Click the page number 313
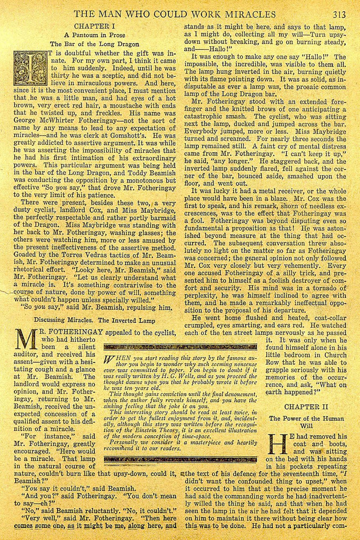point(339,14)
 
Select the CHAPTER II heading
point(306,407)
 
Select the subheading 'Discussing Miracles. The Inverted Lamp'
point(95,320)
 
